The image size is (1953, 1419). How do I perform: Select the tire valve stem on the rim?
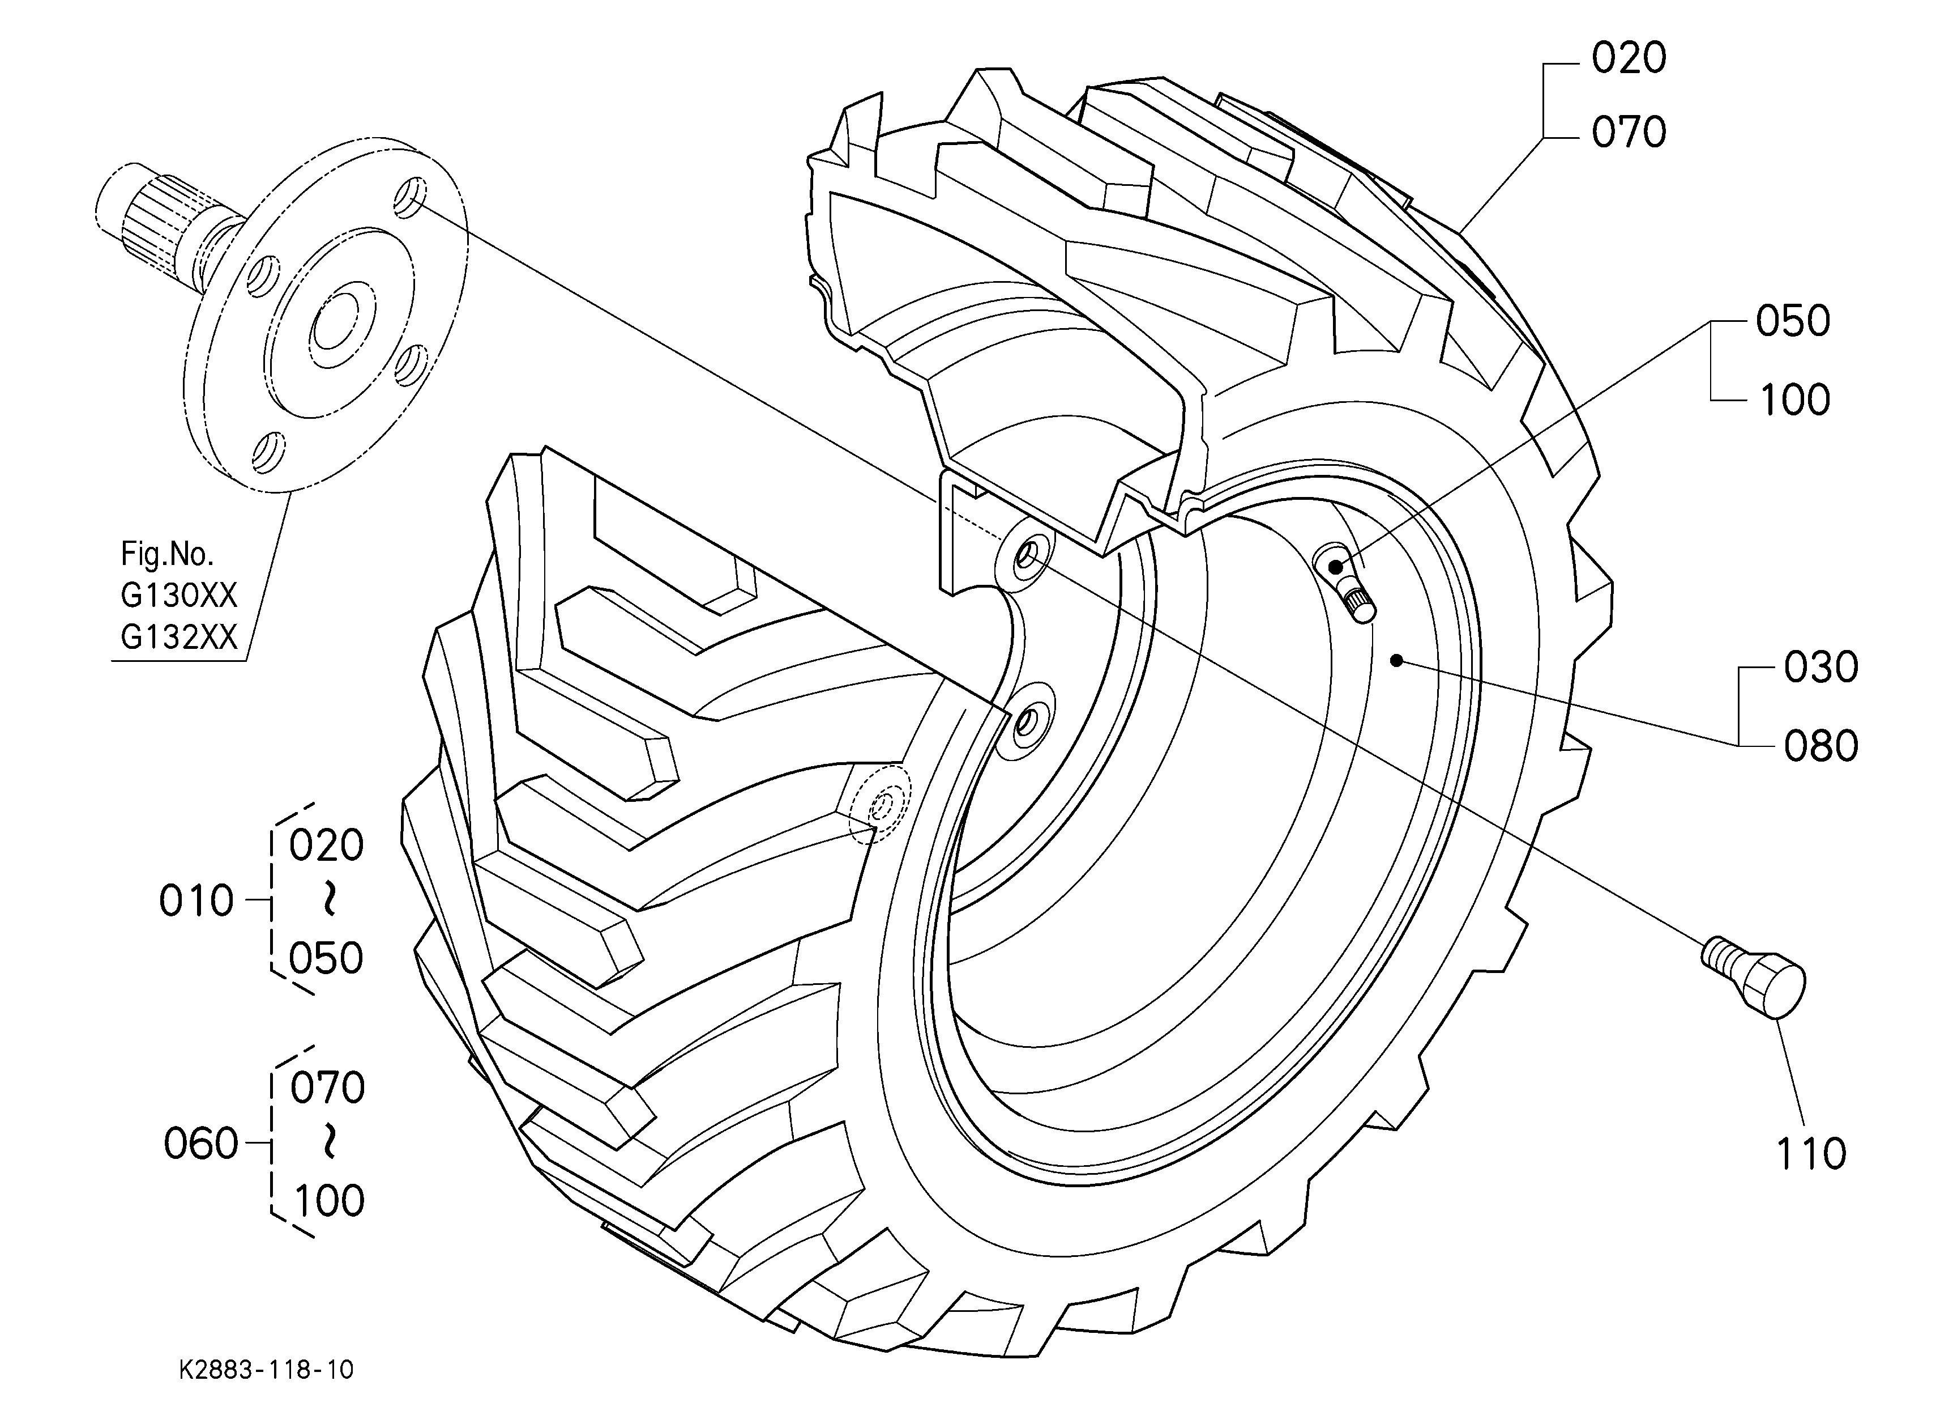[x=1344, y=583]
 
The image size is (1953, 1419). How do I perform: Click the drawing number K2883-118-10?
[x=266, y=1370]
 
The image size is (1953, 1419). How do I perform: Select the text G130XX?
[x=178, y=596]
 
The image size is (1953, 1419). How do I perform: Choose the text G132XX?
[x=178, y=637]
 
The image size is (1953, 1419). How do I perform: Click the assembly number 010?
[x=196, y=901]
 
